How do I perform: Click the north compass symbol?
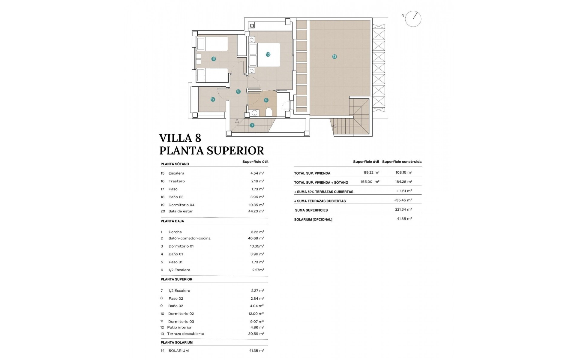tap(413, 19)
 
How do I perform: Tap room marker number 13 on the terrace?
tap(334, 56)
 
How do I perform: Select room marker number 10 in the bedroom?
tap(268, 54)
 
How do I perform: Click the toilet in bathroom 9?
tap(269, 112)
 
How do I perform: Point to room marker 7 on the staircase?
tap(252, 125)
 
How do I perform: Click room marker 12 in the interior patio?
tap(213, 99)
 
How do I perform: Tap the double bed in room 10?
tap(265, 55)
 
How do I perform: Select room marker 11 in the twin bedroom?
tap(214, 59)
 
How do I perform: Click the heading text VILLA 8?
tap(180, 138)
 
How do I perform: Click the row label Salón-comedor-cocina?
tap(189, 238)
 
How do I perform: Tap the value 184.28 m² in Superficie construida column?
tap(403, 181)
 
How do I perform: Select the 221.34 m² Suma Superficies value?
tap(403, 209)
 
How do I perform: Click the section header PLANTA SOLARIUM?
tap(176, 342)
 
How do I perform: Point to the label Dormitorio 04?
tap(181, 205)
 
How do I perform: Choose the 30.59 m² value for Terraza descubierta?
tap(257, 334)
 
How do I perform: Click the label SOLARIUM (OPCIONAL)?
tap(313, 220)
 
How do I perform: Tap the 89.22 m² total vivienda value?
tap(371, 172)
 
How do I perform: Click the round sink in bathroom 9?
tap(254, 113)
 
